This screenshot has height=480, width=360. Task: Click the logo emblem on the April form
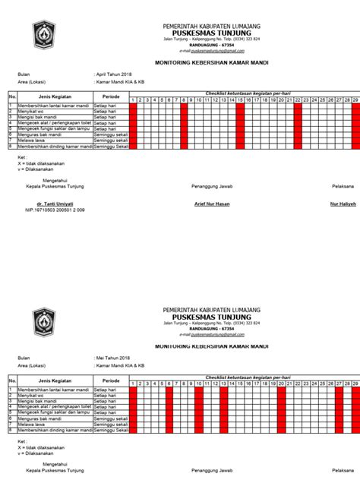[x=40, y=34]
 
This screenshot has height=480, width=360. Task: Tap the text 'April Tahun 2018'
[x=115, y=74]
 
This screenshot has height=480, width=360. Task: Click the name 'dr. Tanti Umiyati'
[x=49, y=204]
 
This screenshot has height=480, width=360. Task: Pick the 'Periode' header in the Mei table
[x=110, y=380]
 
